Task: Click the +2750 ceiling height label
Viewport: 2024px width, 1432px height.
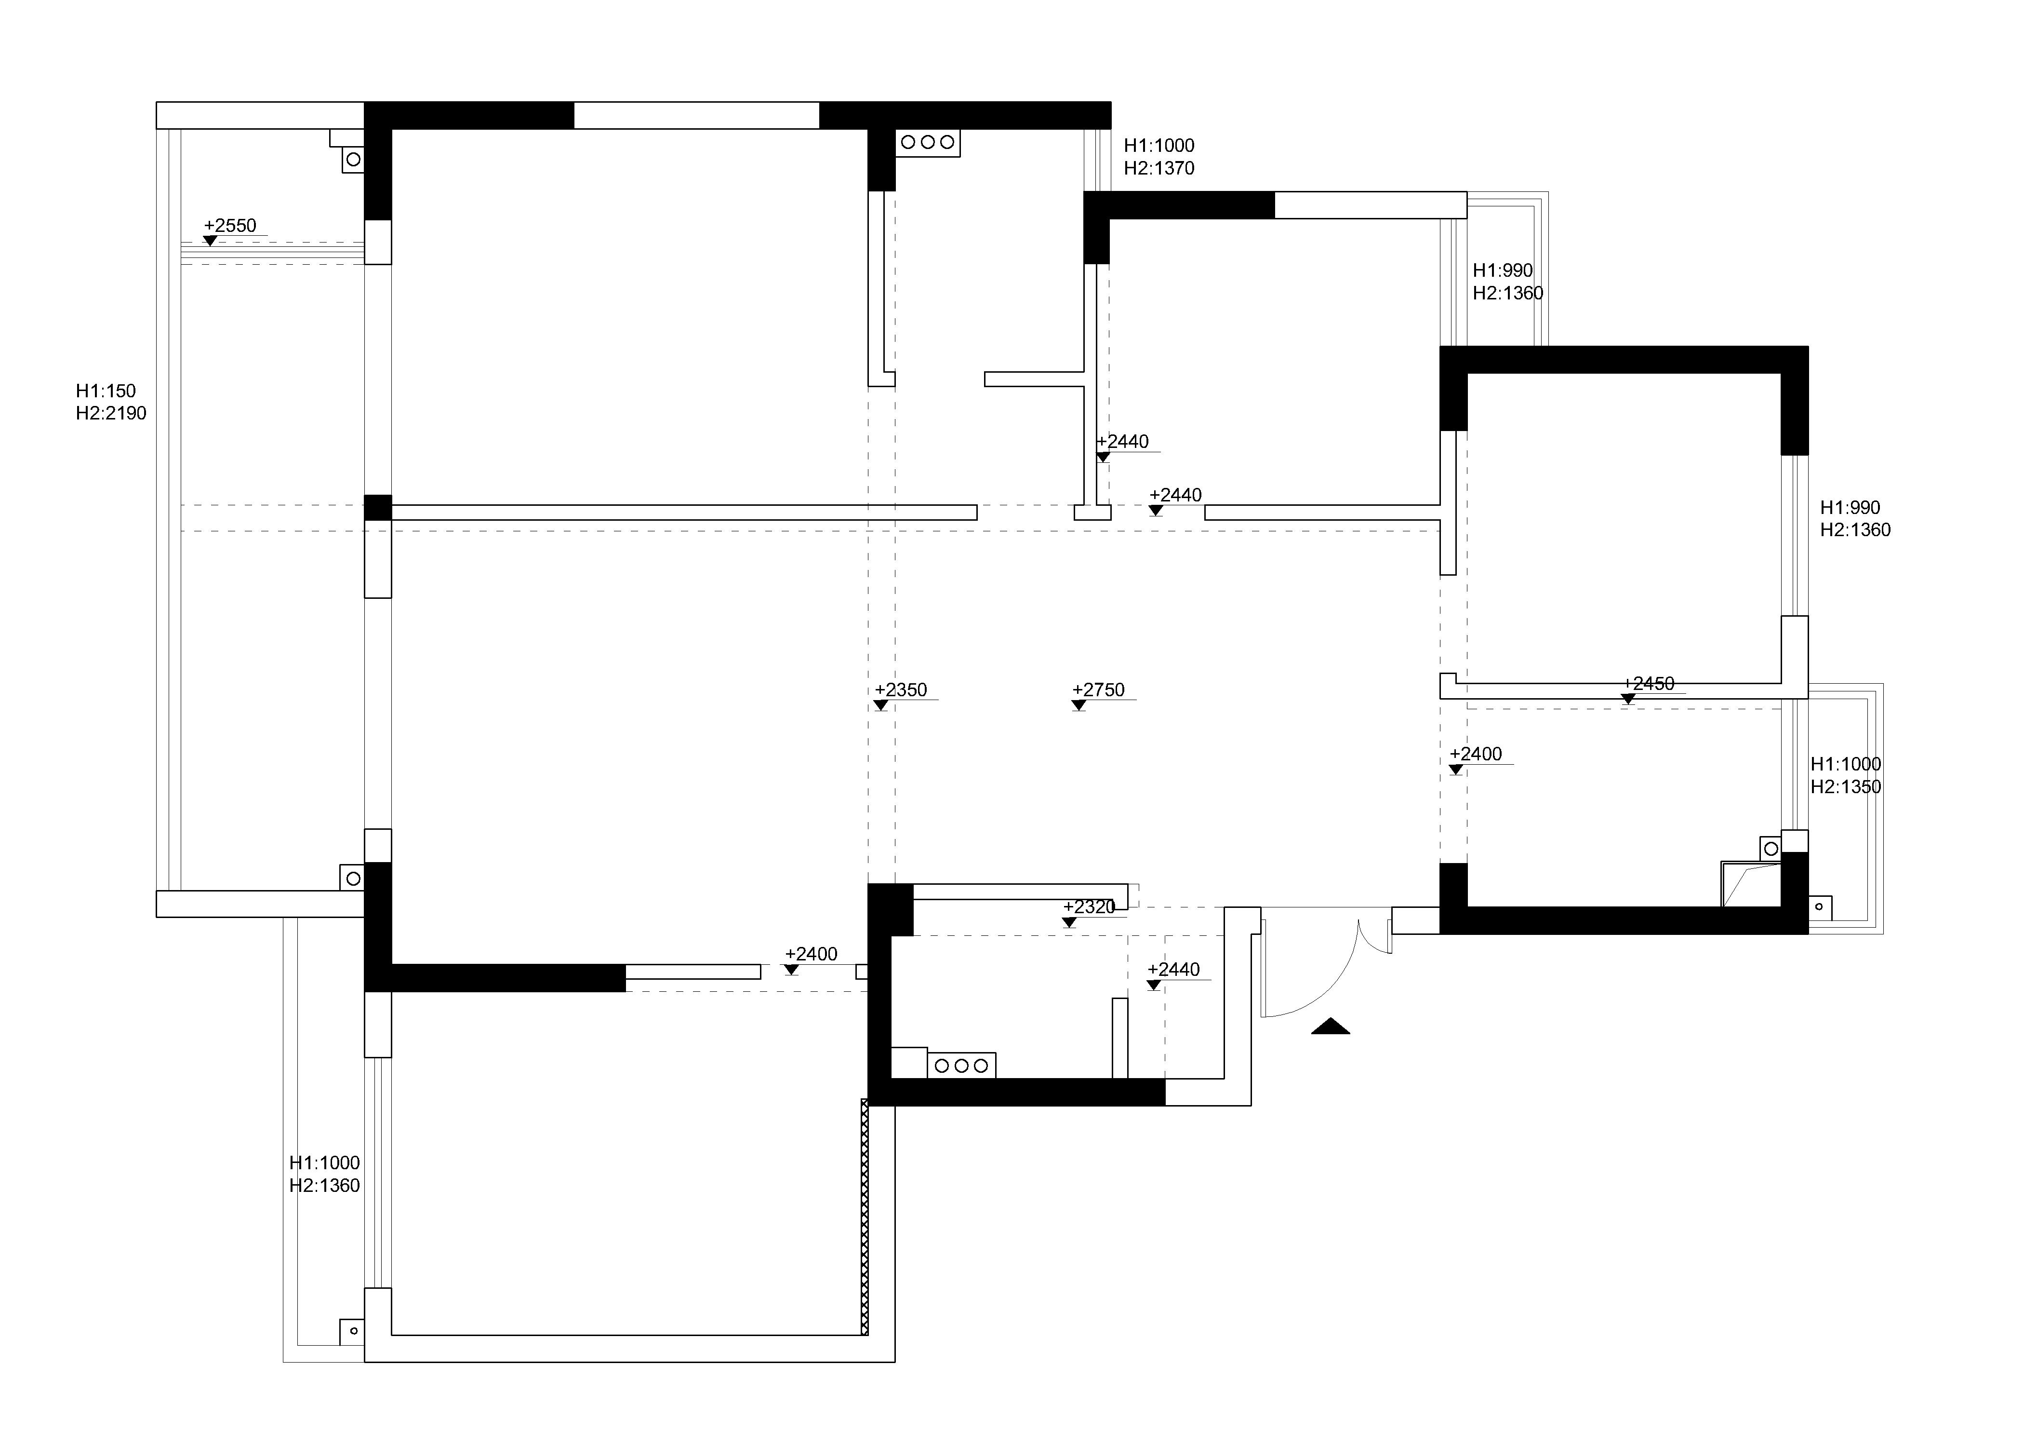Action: point(1098,690)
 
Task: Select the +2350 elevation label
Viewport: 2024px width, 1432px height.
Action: point(901,690)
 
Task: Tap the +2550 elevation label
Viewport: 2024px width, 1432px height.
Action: point(230,226)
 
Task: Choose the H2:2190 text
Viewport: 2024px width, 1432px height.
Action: point(111,414)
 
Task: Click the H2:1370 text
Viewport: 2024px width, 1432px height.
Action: point(1159,168)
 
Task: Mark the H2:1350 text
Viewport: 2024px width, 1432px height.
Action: point(1846,786)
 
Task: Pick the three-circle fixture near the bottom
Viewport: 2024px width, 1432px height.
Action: point(962,1066)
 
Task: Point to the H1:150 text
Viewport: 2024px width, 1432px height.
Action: point(106,391)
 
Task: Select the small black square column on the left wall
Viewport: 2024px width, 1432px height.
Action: point(378,508)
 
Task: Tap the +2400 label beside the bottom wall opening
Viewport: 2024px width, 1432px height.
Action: point(811,954)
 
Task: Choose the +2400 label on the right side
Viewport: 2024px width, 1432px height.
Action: point(1476,755)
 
